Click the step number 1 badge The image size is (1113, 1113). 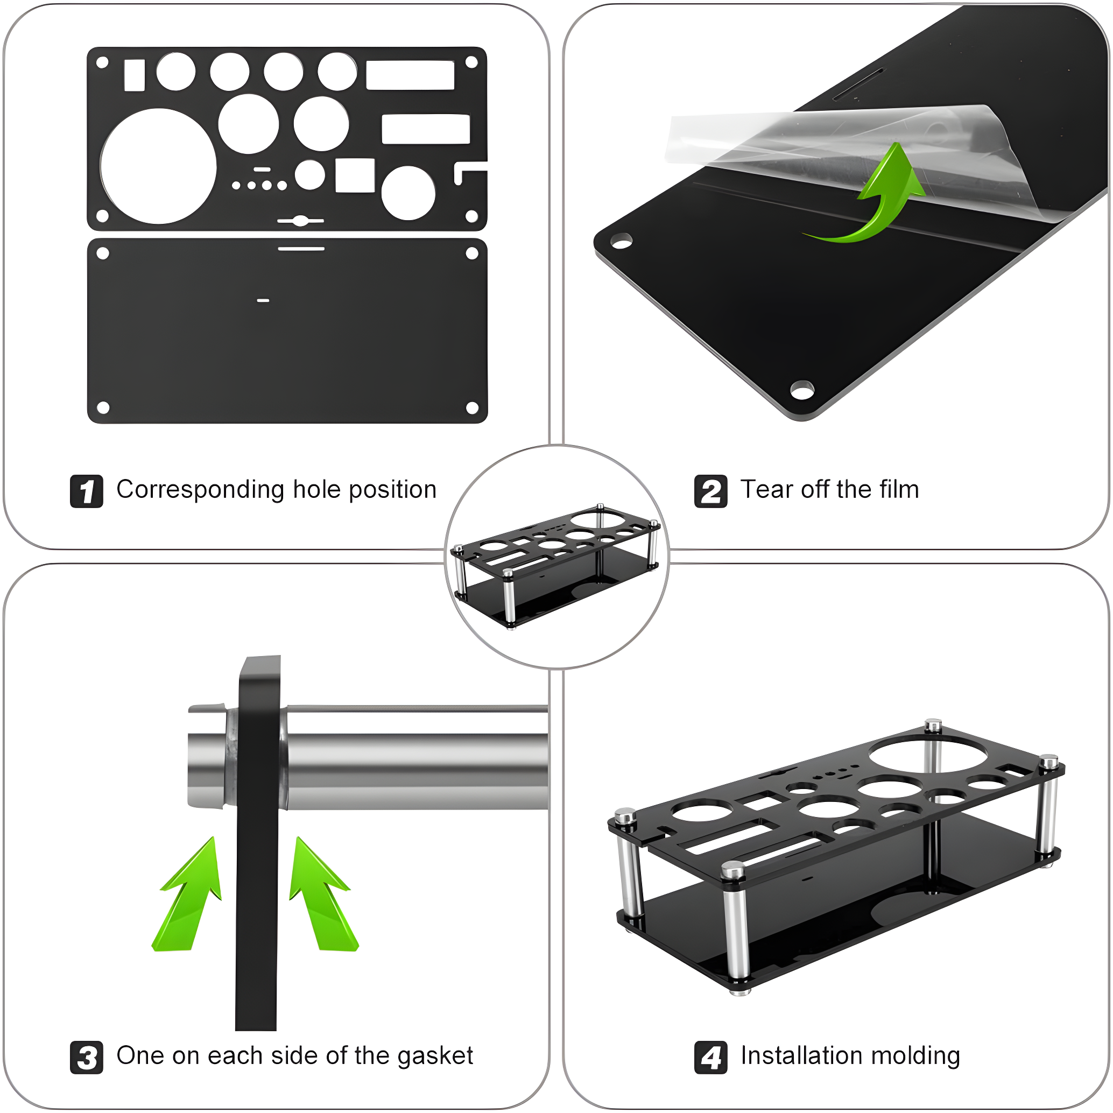[87, 491]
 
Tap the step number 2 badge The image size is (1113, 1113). [710, 491]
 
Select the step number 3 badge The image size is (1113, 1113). [87, 1057]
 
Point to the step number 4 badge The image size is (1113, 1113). [710, 1057]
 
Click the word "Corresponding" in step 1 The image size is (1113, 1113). [200, 490]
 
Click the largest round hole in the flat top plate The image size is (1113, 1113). [158, 166]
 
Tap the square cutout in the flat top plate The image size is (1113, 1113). [355, 175]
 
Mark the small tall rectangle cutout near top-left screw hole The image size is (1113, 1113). [134, 75]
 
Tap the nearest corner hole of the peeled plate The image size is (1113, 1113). [802, 390]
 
